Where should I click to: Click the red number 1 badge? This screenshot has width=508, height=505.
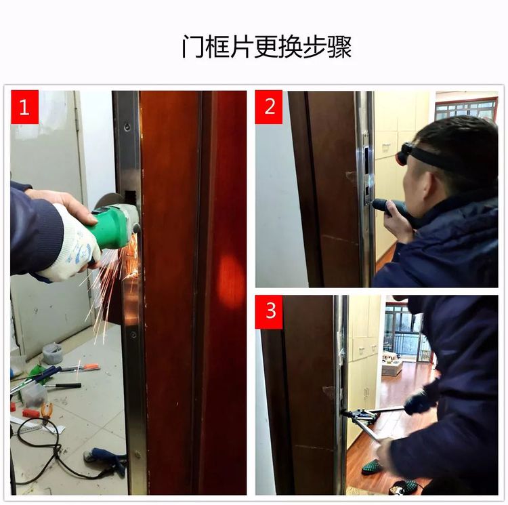pos(24,108)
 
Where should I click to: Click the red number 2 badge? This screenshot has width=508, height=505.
pos(269,107)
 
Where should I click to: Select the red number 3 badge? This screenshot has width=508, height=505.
pos(269,311)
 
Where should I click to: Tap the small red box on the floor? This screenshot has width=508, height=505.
pos(30,413)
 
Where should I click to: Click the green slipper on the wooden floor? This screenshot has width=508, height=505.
pos(372,466)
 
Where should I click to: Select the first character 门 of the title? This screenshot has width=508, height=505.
pos(192,47)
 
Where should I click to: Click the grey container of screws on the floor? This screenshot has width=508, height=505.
pos(52,353)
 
